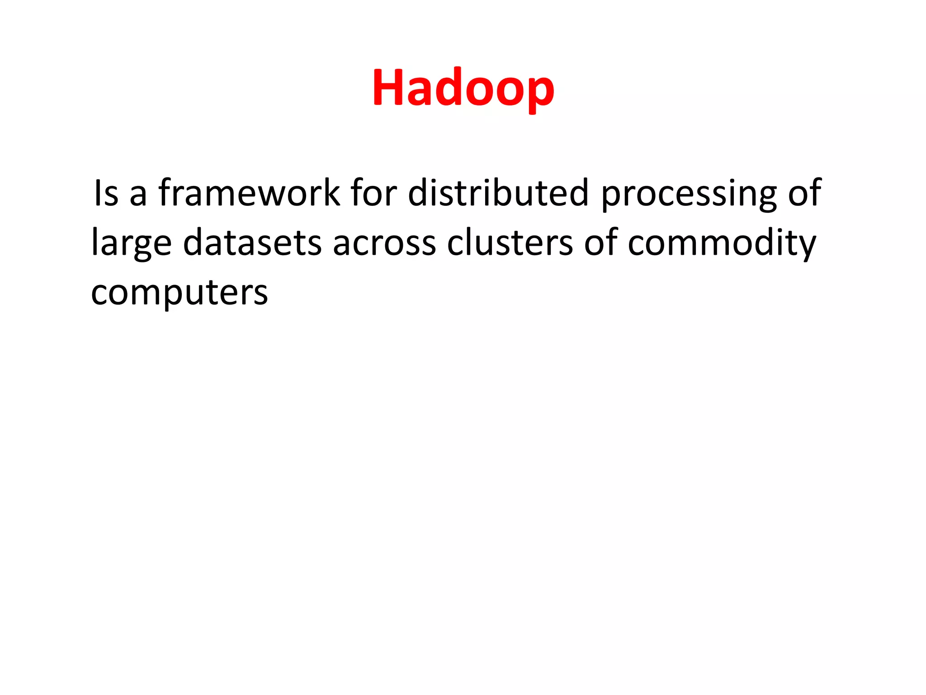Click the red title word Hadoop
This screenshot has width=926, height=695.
pos(463,88)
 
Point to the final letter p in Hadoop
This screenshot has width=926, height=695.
pos(539,93)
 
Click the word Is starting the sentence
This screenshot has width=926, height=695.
pos(106,193)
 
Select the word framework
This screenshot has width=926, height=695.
pos(249,193)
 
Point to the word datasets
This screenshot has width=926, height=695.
pos(252,243)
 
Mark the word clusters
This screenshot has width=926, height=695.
pos(510,243)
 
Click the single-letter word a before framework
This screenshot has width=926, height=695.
pos(138,195)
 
